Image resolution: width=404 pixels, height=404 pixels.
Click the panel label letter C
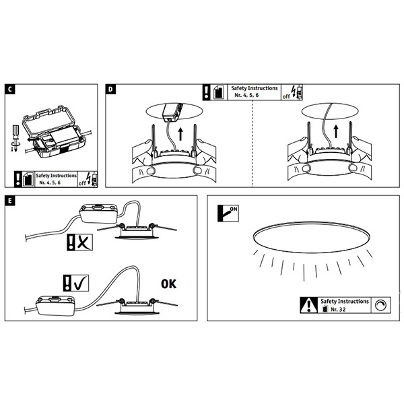(x=10, y=89)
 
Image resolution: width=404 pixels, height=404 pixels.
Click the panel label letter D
(x=110, y=89)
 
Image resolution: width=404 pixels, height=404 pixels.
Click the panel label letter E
(x=10, y=201)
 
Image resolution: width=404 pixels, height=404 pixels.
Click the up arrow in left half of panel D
(x=180, y=134)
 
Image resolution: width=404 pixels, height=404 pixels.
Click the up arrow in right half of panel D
(x=336, y=131)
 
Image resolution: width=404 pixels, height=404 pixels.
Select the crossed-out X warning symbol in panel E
(x=79, y=242)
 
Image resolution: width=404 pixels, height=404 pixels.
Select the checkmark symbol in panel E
(x=76, y=283)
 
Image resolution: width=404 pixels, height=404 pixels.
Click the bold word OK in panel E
(x=168, y=284)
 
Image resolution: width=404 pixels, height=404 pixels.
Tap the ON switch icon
(x=228, y=213)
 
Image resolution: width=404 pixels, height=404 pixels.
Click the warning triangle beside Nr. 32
(x=309, y=305)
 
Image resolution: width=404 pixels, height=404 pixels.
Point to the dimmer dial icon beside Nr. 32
(x=380, y=305)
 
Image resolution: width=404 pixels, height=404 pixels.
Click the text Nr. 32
(x=338, y=309)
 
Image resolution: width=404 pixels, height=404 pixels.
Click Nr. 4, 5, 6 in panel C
(x=50, y=182)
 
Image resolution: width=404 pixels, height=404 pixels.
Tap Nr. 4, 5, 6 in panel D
(x=246, y=95)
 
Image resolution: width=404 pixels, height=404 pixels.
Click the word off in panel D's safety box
(x=286, y=96)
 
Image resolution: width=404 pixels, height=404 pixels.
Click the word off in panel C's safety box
(x=82, y=183)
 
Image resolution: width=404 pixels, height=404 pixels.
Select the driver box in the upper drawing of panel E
(x=98, y=213)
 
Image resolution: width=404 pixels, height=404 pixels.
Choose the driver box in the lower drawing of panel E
(x=55, y=306)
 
